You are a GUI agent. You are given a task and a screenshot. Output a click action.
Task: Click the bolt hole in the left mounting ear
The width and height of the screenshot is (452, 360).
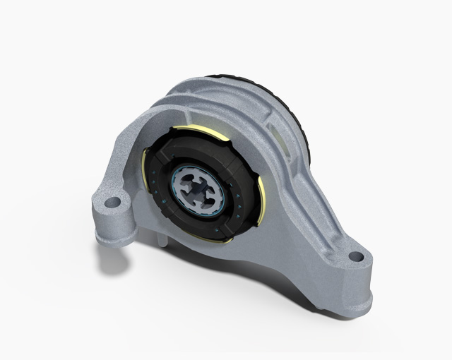click(x=112, y=203)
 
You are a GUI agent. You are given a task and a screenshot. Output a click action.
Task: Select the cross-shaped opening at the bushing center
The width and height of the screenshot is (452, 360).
click(x=201, y=190)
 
